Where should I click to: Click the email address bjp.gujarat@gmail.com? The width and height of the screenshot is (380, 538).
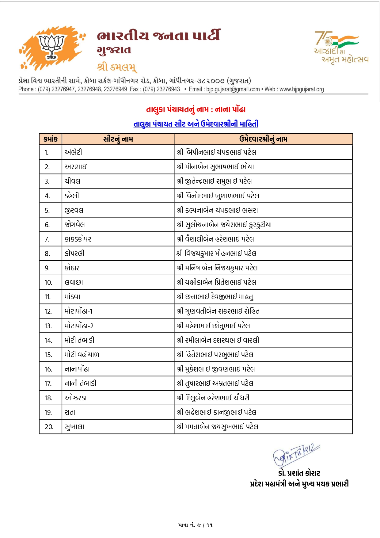point(233,89)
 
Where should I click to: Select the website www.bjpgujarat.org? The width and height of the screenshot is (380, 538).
point(302,89)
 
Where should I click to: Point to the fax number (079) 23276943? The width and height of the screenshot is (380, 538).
point(161,89)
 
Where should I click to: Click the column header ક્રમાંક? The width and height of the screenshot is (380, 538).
point(51,139)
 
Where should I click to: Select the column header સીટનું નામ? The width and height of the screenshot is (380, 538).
point(118,139)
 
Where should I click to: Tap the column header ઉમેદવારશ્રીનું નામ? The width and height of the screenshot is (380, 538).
point(263,139)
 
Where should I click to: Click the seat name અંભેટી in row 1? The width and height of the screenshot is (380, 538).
point(73,152)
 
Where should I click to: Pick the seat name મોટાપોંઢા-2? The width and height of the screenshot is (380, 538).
point(79,326)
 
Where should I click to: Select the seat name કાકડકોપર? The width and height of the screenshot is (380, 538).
point(78,239)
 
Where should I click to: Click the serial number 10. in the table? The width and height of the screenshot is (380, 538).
point(48,282)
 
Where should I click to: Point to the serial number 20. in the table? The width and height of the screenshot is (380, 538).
point(49,427)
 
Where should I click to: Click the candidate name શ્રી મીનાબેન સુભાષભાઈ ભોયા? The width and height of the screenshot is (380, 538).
point(215,166)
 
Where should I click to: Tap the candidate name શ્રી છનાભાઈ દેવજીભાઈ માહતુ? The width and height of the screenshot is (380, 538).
point(215,297)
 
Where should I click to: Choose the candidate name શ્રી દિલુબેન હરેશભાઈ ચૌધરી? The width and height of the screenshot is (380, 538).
point(213,398)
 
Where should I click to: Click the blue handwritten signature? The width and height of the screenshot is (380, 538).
point(296,454)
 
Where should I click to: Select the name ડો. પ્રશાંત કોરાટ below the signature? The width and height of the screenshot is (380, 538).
point(299,473)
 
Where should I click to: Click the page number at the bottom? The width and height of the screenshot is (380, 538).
point(195,525)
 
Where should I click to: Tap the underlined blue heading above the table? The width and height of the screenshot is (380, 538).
point(196,124)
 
